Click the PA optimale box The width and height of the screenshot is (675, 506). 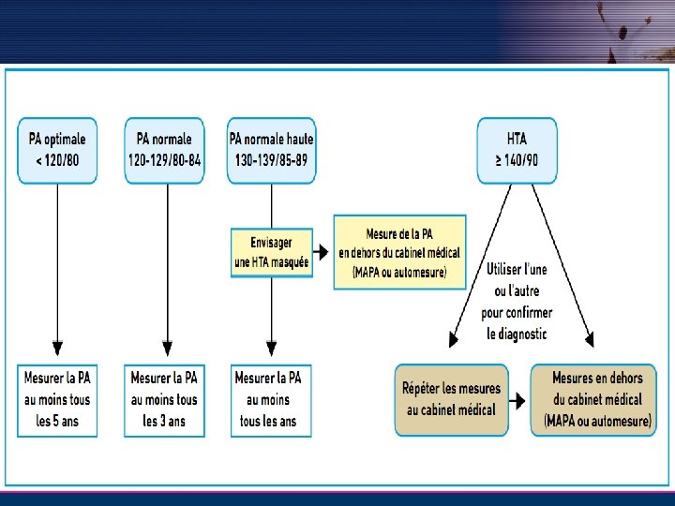click(x=57, y=149)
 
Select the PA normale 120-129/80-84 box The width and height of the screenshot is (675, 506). click(x=165, y=149)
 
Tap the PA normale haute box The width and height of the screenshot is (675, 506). click(x=272, y=149)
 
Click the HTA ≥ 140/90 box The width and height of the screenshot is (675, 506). click(x=517, y=149)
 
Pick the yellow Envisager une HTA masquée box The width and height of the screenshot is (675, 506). click(x=272, y=252)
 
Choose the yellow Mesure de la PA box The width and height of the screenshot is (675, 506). click(x=399, y=252)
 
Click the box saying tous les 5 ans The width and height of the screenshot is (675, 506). click(x=57, y=399)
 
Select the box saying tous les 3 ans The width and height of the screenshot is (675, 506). click(x=165, y=399)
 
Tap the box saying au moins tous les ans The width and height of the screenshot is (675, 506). click(x=269, y=399)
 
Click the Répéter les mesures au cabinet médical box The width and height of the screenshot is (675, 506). click(x=451, y=399)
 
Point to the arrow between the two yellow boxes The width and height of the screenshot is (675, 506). click(x=322, y=252)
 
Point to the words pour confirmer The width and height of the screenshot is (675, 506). click(x=517, y=312)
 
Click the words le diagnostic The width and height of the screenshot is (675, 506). click(x=517, y=334)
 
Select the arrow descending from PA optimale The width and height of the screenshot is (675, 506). click(x=57, y=262)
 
